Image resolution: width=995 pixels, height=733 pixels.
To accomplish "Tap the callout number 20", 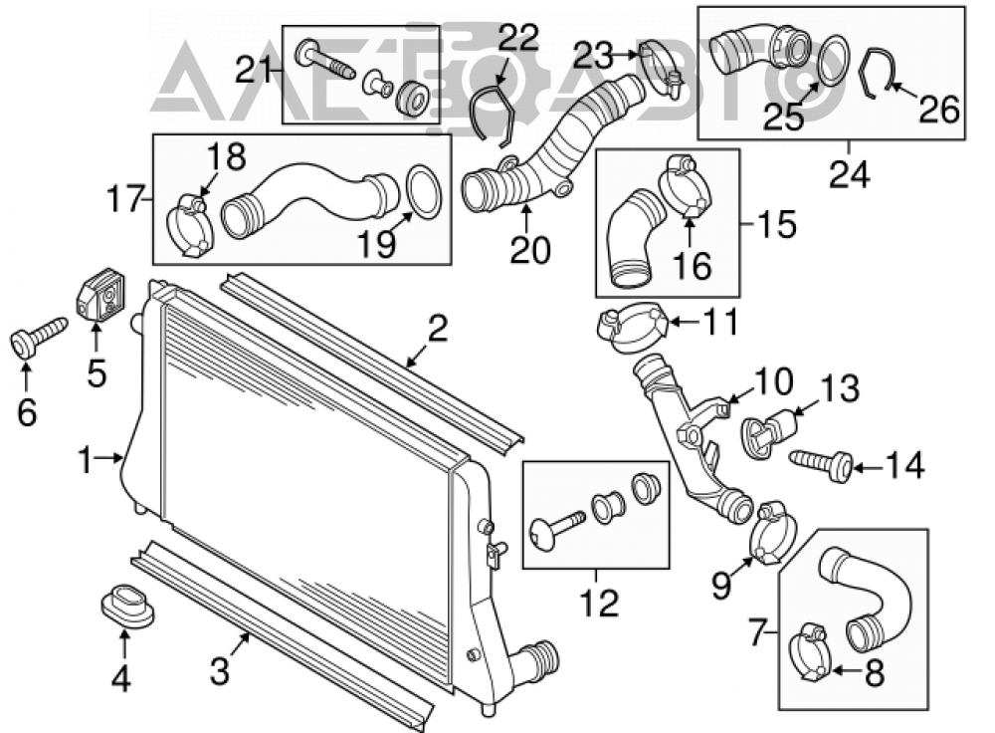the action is point(530,250).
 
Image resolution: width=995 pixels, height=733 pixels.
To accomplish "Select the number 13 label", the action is point(840,388).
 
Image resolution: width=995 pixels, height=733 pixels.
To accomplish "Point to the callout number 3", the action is point(219,670).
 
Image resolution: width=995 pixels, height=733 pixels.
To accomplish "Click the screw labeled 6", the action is point(39,336).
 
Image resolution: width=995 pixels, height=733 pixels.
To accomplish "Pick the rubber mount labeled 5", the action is point(100,295).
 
